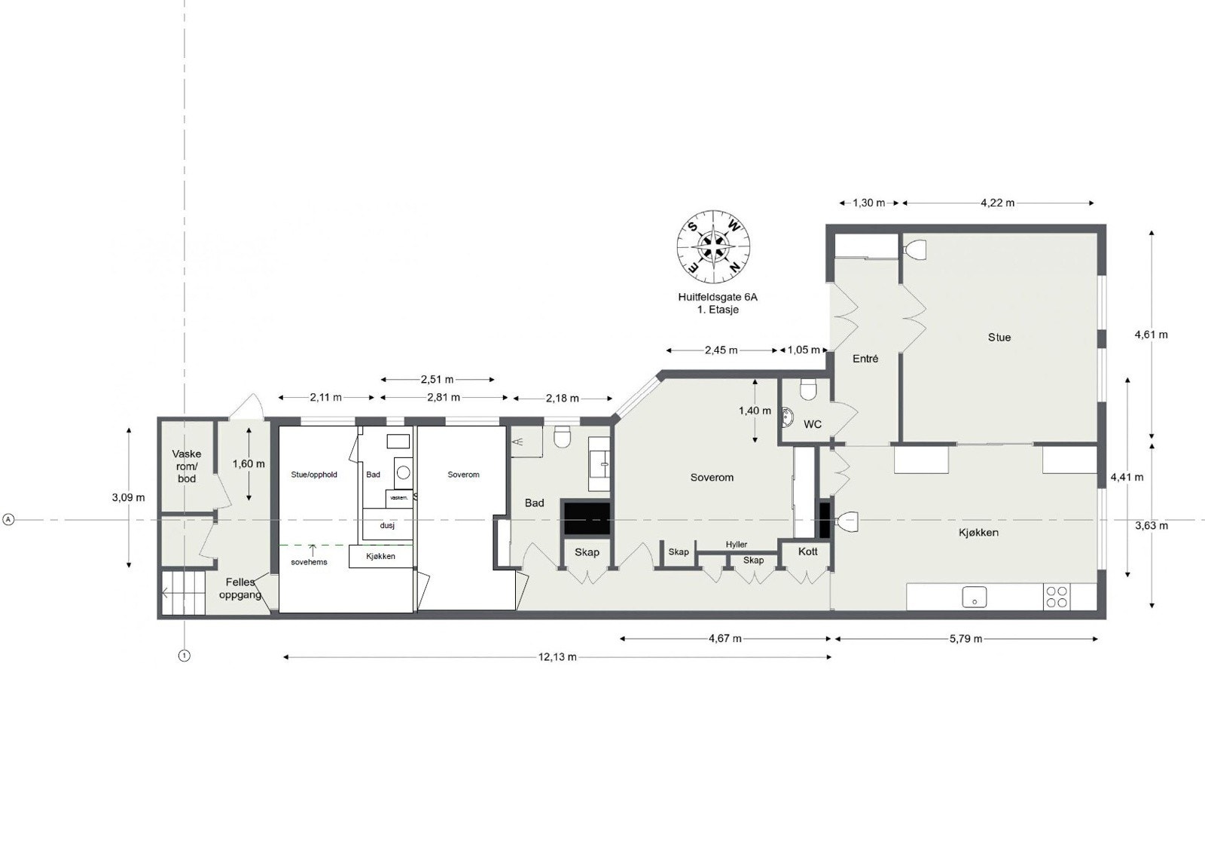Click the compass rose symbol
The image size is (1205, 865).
coord(713,246)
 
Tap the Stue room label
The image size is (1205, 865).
coord(999,338)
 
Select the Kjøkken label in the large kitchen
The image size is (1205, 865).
coord(978,533)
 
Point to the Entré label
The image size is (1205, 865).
coord(865,359)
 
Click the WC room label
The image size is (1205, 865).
coord(813,424)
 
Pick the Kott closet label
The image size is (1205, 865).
coord(808,552)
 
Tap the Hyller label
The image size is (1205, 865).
coord(737,545)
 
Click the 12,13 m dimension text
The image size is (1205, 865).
coord(557,657)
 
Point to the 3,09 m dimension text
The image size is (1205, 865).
coord(128,497)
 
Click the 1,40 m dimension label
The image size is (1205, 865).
coord(754,411)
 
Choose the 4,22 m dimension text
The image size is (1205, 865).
coord(997,203)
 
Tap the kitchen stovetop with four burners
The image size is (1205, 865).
coord(1057,597)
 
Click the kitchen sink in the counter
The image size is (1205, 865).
coord(975,598)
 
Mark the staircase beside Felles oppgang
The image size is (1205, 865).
coord(184,593)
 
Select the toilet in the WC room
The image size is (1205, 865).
coord(808,390)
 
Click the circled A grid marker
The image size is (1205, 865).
coord(8,520)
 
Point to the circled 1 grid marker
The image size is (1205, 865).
coord(184,656)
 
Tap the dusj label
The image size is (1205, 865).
coord(387,525)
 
